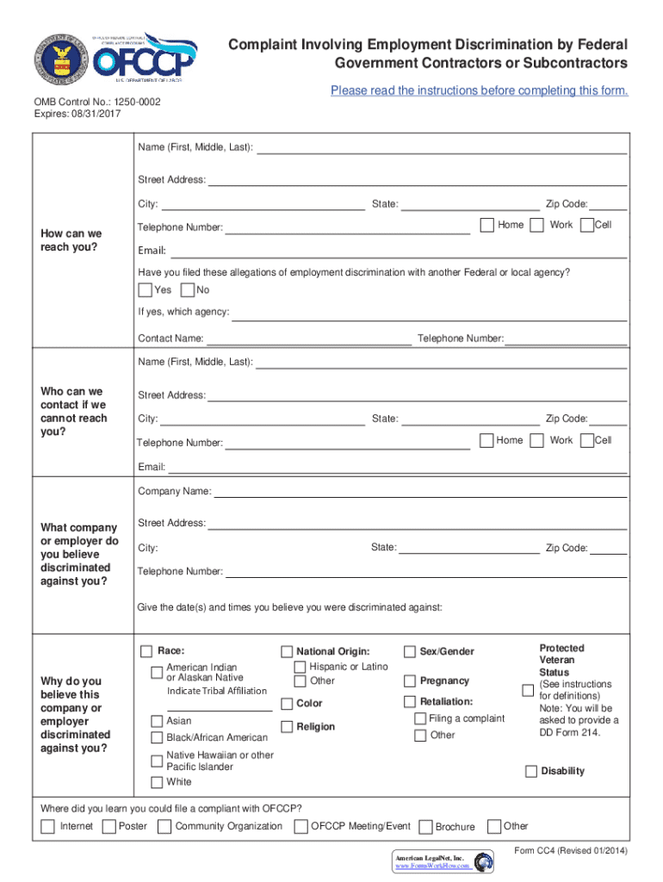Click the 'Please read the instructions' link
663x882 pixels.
click(479, 90)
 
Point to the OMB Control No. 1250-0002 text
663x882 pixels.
click(96, 102)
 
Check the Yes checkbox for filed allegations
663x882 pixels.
click(145, 290)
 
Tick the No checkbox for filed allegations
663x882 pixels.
click(187, 290)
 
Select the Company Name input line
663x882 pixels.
click(419, 493)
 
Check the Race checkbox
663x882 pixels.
click(147, 651)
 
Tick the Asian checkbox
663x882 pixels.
click(157, 722)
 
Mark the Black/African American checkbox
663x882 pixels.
click(157, 738)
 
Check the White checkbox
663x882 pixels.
click(157, 783)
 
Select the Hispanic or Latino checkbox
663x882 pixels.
click(301, 668)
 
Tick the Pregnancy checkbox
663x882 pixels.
click(409, 681)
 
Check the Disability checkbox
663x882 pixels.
click(531, 771)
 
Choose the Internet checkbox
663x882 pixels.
click(47, 827)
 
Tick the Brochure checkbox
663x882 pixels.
click(424, 827)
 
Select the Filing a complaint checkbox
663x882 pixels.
click(419, 719)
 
